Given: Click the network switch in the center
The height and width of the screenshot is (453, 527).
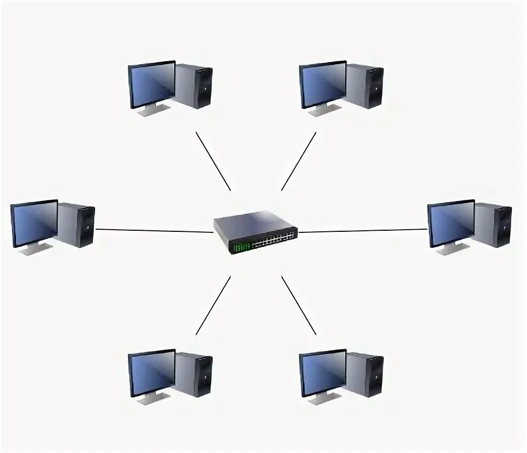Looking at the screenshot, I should (x=255, y=231).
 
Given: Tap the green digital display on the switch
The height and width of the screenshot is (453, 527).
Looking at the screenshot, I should (x=242, y=247).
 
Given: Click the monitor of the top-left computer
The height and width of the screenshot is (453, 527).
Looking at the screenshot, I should (x=152, y=84).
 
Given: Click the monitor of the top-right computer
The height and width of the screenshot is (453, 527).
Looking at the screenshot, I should (x=323, y=84).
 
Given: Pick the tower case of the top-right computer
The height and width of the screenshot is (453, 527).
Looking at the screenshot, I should (x=366, y=87).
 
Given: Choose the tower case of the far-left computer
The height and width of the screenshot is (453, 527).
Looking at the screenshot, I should (x=77, y=225).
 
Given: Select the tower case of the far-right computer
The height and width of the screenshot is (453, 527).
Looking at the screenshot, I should (x=494, y=225).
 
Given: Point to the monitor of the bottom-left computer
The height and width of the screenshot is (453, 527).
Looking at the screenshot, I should (x=152, y=373).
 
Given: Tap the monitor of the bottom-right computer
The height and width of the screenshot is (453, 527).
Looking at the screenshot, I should (x=323, y=373).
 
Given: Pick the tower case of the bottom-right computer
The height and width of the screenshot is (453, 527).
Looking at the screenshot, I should (x=366, y=375).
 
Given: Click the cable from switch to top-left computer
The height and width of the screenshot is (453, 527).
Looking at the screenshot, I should (x=213, y=161).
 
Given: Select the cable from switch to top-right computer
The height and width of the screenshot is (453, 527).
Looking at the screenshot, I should (x=299, y=161).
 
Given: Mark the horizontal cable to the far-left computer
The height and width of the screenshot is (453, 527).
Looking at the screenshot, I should (x=154, y=231).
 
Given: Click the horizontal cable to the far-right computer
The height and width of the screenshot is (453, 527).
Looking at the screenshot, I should (x=362, y=231).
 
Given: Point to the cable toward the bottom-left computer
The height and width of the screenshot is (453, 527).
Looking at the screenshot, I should (x=213, y=306).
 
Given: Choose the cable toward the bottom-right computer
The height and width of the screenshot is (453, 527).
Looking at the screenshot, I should (x=299, y=306).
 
